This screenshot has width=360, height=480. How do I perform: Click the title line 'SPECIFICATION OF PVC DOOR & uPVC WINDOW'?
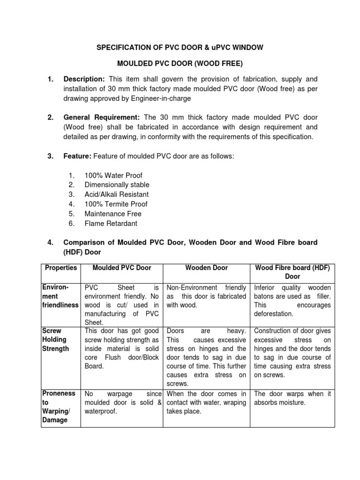click(x=180, y=47)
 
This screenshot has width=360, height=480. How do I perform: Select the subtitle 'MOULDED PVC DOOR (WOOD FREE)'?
click(x=180, y=63)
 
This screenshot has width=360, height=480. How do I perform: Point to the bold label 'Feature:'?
click(x=77, y=156)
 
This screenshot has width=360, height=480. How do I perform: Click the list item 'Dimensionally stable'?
click(x=117, y=185)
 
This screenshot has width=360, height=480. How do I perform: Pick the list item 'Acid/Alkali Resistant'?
click(x=116, y=194)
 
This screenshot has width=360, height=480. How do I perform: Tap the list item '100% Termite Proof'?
click(x=116, y=204)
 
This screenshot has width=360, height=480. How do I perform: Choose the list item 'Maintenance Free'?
click(x=112, y=214)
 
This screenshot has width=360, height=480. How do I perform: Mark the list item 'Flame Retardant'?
click(x=111, y=224)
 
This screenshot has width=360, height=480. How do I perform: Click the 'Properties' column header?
click(x=60, y=268)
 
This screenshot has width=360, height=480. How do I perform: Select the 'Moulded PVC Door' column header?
click(x=122, y=268)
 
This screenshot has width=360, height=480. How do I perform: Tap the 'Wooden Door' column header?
click(x=207, y=268)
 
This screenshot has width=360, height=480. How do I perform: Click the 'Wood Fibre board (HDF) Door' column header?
click(x=292, y=272)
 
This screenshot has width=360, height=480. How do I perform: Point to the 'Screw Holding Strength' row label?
click(x=55, y=339)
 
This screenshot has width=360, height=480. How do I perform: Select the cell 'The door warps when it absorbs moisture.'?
click(x=292, y=398)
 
